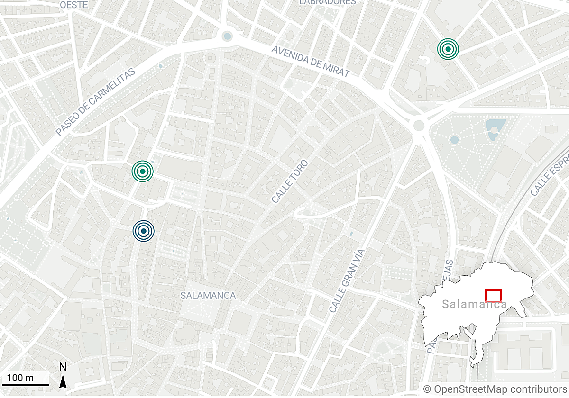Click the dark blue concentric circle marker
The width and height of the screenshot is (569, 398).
(143, 231)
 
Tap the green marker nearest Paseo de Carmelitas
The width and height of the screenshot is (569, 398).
(143, 171)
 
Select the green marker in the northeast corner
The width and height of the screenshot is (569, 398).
(448, 48)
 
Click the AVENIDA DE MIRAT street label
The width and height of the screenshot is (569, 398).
(311, 61)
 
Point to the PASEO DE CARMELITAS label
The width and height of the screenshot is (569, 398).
(95, 102)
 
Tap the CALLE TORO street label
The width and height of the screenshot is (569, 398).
(290, 181)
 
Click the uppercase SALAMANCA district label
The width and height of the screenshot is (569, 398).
(208, 296)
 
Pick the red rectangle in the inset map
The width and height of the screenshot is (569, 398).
(494, 296)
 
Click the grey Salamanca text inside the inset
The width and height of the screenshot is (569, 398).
(474, 304)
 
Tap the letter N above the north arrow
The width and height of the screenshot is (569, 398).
(63, 367)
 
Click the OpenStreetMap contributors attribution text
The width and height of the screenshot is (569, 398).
(495, 389)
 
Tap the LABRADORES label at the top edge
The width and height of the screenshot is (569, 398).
(327, 2)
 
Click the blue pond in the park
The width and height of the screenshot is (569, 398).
(495, 127)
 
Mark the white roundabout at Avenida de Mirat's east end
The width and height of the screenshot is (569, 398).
(419, 126)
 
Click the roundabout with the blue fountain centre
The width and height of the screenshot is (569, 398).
(228, 36)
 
